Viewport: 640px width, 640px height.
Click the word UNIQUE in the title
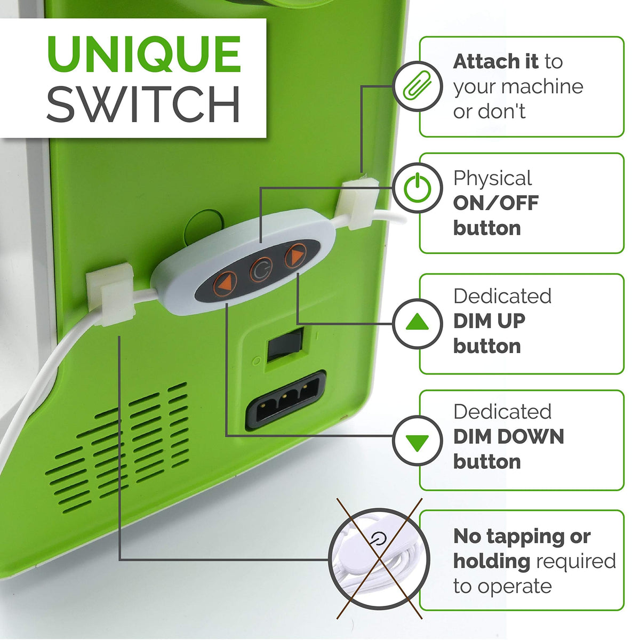(144, 54)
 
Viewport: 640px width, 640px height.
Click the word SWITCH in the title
(143, 105)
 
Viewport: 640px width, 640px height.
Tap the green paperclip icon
(417, 86)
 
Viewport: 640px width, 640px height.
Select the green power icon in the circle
(418, 187)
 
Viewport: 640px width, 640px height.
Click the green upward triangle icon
(418, 322)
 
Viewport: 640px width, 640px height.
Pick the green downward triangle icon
(418, 443)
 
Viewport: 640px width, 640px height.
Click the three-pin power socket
(286, 399)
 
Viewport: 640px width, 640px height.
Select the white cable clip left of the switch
(111, 294)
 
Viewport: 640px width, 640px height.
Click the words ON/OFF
(495, 203)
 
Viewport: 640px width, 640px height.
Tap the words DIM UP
(489, 321)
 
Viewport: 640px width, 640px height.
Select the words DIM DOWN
(508, 436)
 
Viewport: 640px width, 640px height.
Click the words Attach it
(495, 61)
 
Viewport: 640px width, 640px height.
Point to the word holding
(492, 562)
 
